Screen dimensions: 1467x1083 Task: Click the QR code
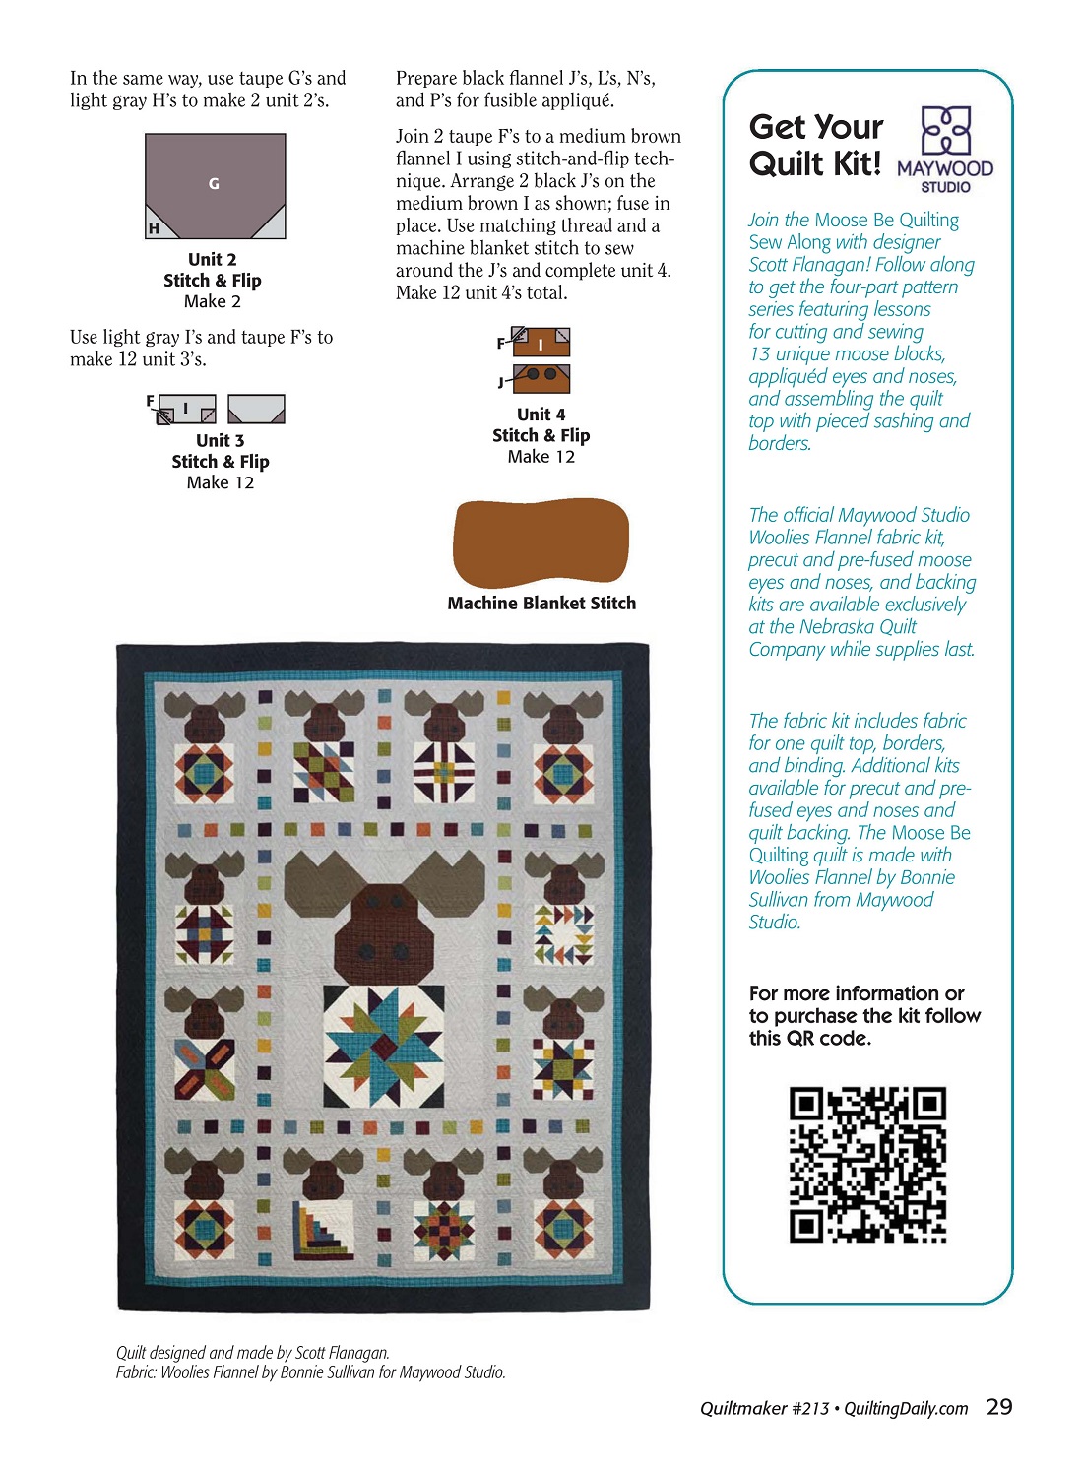click(x=867, y=1164)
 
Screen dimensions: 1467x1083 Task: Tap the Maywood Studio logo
click(x=945, y=150)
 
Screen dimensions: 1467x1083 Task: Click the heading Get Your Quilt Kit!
click(x=815, y=145)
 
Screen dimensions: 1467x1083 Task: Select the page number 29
click(x=999, y=1407)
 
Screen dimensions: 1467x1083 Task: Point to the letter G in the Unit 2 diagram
click(x=214, y=184)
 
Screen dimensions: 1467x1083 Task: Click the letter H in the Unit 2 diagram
click(x=154, y=228)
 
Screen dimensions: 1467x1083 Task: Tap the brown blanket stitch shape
click(x=541, y=543)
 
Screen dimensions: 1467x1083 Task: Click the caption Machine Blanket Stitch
click(x=541, y=604)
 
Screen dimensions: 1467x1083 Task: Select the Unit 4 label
click(x=541, y=415)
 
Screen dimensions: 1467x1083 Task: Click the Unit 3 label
click(x=220, y=440)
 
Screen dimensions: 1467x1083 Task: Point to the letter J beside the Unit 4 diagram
click(x=501, y=382)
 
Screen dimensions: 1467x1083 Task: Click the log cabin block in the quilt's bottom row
click(x=324, y=1230)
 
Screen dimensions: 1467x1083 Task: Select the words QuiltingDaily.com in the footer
click(x=906, y=1409)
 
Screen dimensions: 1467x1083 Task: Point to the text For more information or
click(x=857, y=993)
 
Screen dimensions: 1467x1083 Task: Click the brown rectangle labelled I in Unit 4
click(x=541, y=344)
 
